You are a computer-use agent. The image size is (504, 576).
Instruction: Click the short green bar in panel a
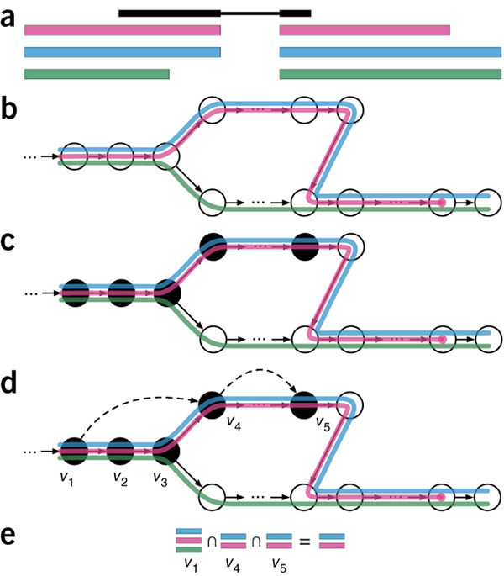[x=97, y=74]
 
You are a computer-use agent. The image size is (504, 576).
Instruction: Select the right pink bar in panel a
[x=364, y=31]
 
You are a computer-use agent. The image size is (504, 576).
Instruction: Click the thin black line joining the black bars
[x=249, y=13]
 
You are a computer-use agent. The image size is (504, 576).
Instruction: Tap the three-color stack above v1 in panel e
[x=187, y=540]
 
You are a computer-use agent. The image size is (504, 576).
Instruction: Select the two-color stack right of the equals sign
[x=332, y=540]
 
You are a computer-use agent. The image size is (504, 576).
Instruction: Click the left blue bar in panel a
[x=122, y=53]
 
